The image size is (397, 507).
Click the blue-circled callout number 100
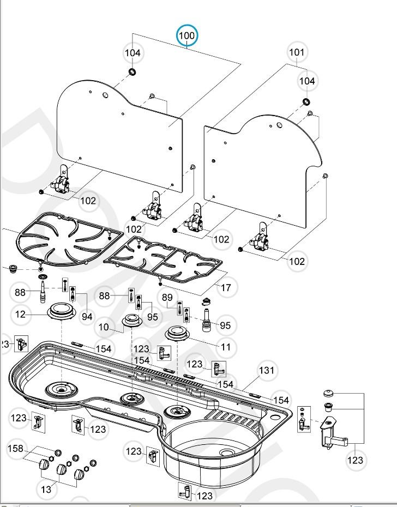coord(187,36)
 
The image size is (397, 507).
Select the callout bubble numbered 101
coord(297,52)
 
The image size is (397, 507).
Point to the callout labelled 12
coord(20,315)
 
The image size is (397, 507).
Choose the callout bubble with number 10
coord(104,327)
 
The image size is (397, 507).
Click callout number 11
coord(225,347)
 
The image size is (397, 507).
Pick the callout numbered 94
coord(87,316)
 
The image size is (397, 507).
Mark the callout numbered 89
coord(167,297)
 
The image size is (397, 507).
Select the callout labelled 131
coord(267,371)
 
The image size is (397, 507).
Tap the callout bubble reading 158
coord(16,449)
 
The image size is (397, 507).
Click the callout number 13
coord(46,489)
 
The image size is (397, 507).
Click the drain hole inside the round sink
coord(226,453)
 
